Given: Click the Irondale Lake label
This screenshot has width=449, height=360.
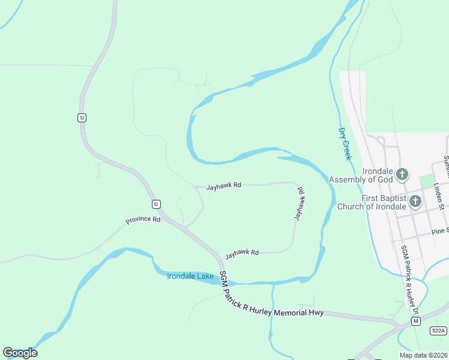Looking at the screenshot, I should coord(190,276).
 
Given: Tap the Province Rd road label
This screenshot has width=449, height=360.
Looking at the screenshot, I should coord(143,220).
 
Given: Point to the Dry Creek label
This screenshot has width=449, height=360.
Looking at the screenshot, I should coord(344,144).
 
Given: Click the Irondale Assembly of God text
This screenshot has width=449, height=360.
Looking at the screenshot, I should coord(361,179).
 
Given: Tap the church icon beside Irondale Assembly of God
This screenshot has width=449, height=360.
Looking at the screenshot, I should coord(402,175).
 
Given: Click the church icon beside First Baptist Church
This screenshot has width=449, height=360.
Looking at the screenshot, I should coord(415,202).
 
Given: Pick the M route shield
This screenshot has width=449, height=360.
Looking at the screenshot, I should coord(415,322).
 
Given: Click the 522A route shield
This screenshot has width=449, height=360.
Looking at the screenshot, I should coord(439,331).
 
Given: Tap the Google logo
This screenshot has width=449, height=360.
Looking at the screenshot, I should coord(20,353).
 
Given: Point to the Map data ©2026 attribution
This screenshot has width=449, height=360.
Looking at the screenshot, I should coord(424,355).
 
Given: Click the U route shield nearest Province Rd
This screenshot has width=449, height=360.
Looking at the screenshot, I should coord(156,203).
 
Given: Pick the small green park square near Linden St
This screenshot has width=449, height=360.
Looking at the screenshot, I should coord(426,181).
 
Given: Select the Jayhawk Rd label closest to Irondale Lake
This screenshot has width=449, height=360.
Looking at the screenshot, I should coord(242,254).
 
